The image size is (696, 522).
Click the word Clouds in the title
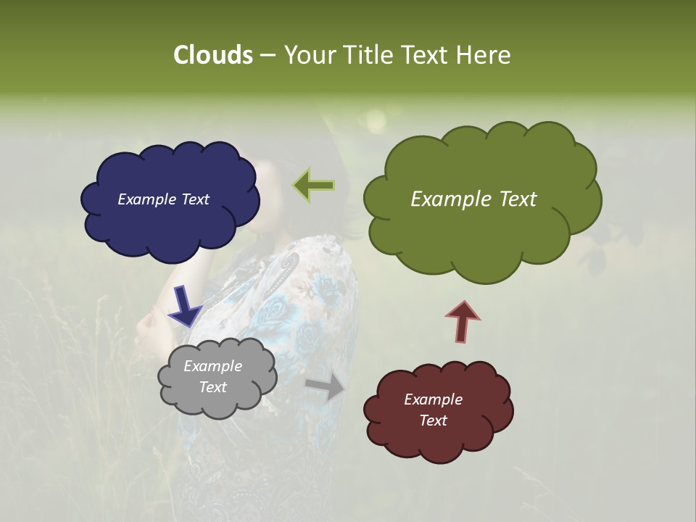coord(212,54)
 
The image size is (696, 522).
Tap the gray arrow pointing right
coord(326,387)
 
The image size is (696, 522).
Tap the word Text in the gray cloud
coord(213,387)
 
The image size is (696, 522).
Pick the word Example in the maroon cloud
coord(433,399)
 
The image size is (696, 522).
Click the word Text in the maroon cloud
coord(433,420)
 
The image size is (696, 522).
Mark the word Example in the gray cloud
coord(212,366)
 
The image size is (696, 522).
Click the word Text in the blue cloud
coord(194,199)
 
